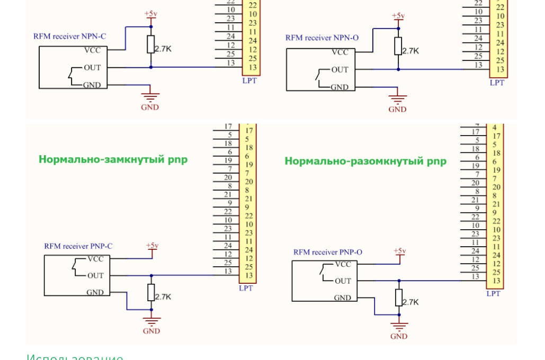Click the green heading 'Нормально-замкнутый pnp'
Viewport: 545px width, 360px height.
pos(113,159)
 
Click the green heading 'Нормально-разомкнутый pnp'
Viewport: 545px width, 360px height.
pos(365,161)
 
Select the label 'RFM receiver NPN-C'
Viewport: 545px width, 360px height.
pos(70,37)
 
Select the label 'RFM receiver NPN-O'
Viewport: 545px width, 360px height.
pos(322,38)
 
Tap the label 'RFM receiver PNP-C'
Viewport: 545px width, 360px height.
pos(78,246)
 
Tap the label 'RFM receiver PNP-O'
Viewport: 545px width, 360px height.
pos(328,253)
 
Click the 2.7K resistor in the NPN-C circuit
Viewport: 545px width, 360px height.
pos(151,45)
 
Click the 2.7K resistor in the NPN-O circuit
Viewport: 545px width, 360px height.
pos(399,47)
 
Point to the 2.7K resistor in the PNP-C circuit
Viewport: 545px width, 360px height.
pos(151,292)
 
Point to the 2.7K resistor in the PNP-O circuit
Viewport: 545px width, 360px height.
pos(399,298)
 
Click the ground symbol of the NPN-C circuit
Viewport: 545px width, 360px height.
pos(150,97)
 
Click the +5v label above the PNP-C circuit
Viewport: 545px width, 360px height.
pos(151,246)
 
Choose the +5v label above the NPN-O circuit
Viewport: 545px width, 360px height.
pos(398,16)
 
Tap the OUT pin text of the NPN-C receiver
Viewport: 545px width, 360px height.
pos(92,67)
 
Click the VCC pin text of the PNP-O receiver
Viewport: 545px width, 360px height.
pos(343,264)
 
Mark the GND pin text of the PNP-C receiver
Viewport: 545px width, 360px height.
pos(95,292)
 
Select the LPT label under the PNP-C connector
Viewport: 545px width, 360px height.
pos(246,289)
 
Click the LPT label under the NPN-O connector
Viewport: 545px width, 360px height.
pos(497,83)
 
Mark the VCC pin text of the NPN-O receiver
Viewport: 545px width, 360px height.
pos(340,52)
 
